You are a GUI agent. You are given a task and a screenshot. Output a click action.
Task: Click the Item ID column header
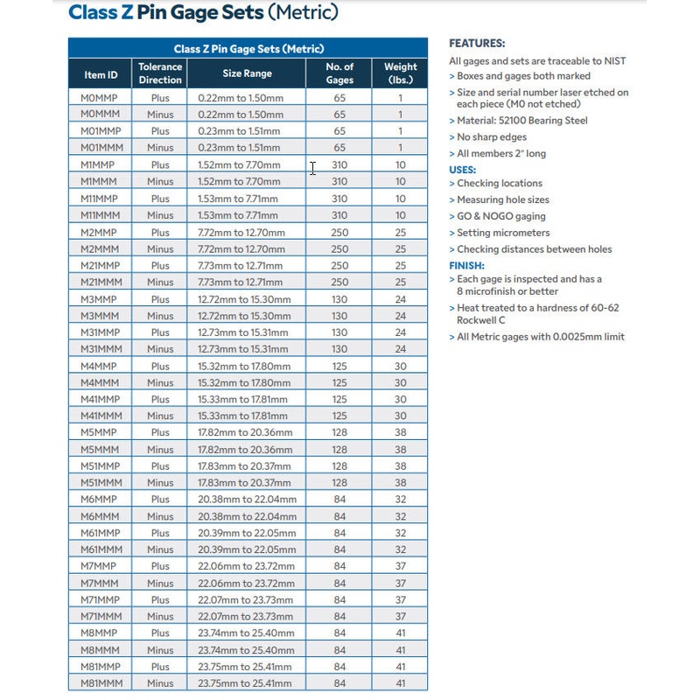coord(101,73)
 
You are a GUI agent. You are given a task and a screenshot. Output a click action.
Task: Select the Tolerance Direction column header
coord(160,73)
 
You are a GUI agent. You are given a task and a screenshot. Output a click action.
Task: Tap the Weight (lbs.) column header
coord(400,73)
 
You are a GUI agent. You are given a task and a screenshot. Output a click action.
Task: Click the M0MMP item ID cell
coord(101,98)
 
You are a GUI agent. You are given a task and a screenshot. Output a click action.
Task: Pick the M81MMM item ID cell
coord(101,683)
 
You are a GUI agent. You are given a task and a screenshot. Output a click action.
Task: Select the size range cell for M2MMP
coord(247,232)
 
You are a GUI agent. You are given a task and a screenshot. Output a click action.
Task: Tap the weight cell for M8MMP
coord(400,633)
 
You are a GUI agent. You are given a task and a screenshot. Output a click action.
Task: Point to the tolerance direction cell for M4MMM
coord(160,382)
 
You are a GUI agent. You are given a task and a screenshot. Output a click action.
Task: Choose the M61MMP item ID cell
coord(101,533)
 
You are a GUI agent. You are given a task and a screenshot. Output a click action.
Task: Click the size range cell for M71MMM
coord(247,616)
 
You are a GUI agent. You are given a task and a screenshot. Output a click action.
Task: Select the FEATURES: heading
coord(477,44)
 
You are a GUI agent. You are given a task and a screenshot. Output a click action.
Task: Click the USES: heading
coord(463,170)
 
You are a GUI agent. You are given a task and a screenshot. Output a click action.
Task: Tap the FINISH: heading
coord(466,266)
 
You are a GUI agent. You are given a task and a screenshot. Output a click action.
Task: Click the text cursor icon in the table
coord(312,168)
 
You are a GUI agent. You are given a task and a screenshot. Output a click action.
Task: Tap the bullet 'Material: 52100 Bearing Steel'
coord(521,121)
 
